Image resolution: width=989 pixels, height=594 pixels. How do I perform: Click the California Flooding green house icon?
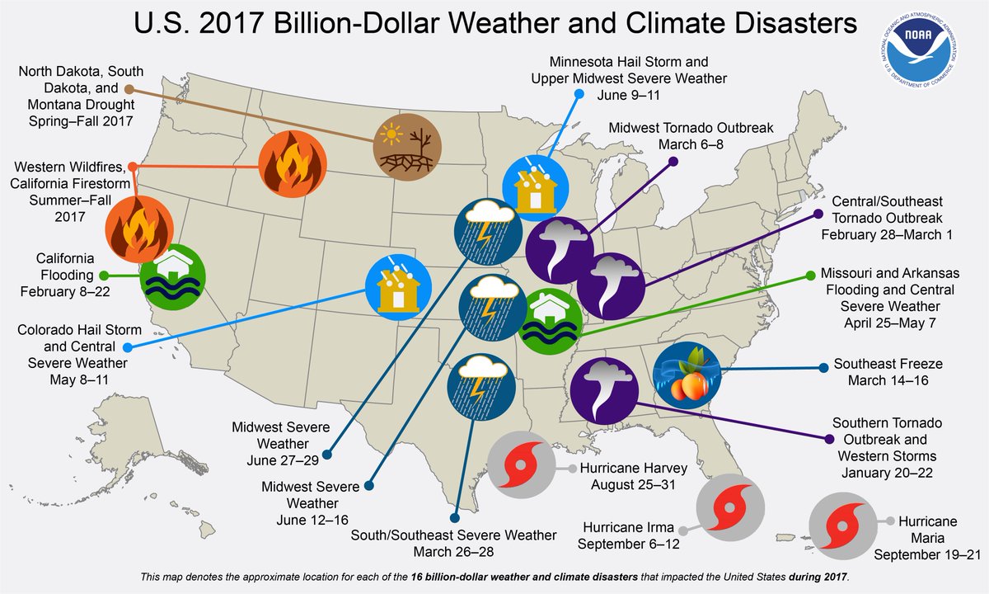(x=172, y=276)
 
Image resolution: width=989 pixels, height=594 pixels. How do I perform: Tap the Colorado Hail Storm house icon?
(x=399, y=285)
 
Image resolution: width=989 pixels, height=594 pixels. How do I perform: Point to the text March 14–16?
(x=887, y=380)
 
